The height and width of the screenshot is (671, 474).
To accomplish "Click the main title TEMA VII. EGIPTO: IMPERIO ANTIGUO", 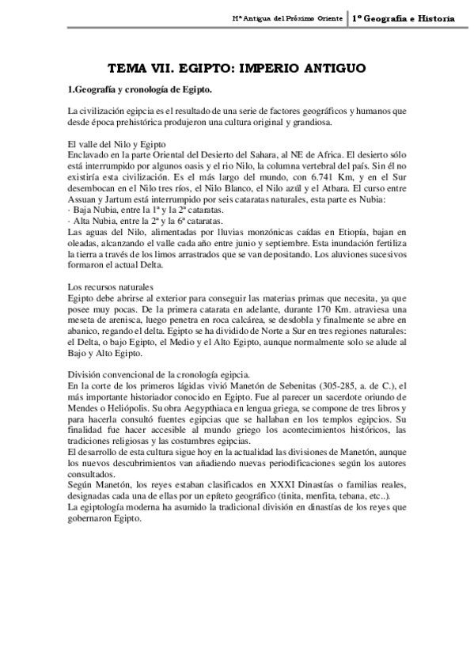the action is [237, 68].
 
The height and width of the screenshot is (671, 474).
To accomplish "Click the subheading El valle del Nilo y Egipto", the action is [116, 144].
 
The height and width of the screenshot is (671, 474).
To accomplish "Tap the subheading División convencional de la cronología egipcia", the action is [159, 374].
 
